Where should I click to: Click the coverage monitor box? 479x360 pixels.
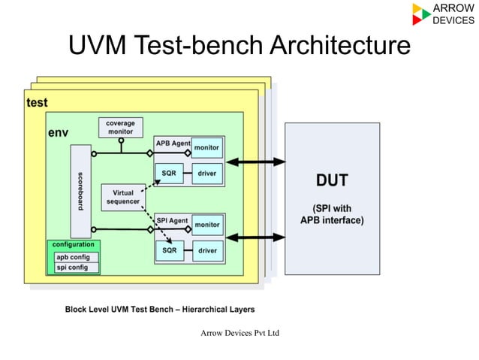(120, 127)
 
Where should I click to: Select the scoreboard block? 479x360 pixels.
(80, 191)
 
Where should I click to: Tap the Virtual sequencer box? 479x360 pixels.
(122, 197)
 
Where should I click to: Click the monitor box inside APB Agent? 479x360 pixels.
(207, 147)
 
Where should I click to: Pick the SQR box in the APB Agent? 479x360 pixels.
(169, 174)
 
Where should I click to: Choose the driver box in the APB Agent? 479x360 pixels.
(207, 174)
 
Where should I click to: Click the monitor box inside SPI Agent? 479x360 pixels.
(207, 225)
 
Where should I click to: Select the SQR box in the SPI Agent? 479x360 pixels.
(169, 250)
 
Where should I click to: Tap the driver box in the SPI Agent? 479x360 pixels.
(207, 250)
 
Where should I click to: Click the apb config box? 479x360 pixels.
(73, 257)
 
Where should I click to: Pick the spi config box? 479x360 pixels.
(73, 267)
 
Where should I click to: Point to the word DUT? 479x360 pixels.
(332, 180)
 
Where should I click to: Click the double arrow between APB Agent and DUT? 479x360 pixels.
(256, 162)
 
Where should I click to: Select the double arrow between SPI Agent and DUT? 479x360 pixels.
(256, 237)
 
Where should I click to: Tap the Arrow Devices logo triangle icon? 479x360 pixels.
(421, 14)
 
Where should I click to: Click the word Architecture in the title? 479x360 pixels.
(339, 46)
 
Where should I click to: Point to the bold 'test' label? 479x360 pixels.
(37, 102)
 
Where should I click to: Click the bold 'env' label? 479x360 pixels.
(59, 132)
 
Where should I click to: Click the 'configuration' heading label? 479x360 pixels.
(74, 245)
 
